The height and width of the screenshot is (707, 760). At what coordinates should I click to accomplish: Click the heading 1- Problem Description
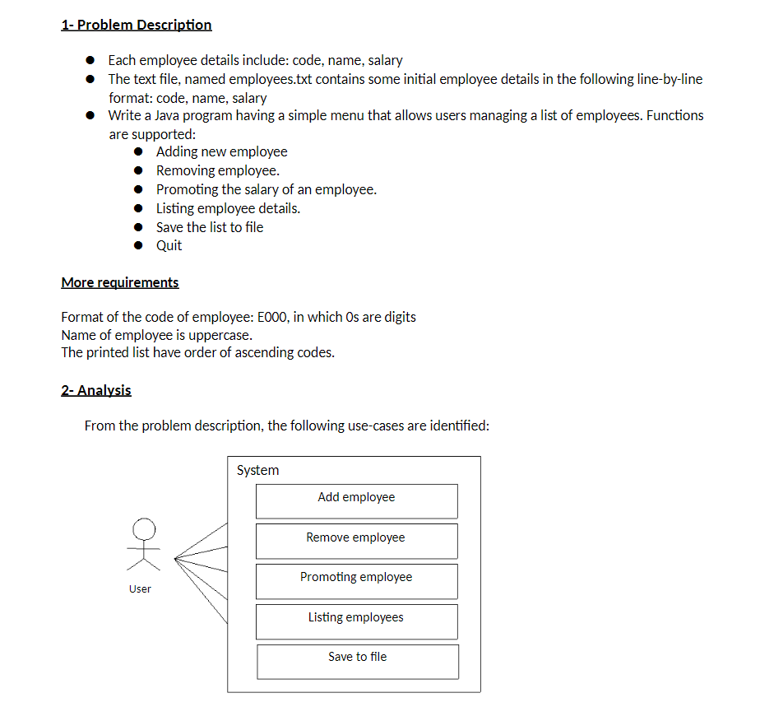[x=137, y=25]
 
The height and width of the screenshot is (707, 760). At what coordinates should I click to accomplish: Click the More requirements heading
[x=119, y=282]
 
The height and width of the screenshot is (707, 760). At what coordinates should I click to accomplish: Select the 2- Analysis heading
[x=96, y=390]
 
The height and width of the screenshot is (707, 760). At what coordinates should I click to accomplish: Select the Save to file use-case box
[x=358, y=660]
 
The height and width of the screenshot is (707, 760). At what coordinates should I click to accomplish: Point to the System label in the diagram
[x=257, y=470]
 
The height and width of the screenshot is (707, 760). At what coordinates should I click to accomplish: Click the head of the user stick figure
[x=144, y=527]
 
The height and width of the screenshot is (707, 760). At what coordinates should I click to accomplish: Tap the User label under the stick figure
[x=140, y=588]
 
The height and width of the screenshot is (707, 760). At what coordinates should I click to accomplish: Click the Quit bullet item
[x=169, y=245]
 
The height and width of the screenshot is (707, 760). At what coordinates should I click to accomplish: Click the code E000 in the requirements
[x=271, y=317]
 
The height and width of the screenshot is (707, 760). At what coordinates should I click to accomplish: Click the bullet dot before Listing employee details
[x=143, y=208]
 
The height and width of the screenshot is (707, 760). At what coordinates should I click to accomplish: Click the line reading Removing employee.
[x=218, y=170]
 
